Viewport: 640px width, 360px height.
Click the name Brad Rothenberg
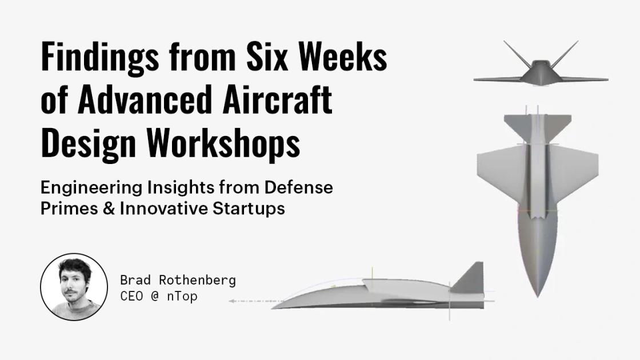[178, 281]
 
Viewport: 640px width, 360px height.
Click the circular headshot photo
[74, 287]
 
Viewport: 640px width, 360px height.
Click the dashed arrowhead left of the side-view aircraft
[232, 301]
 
